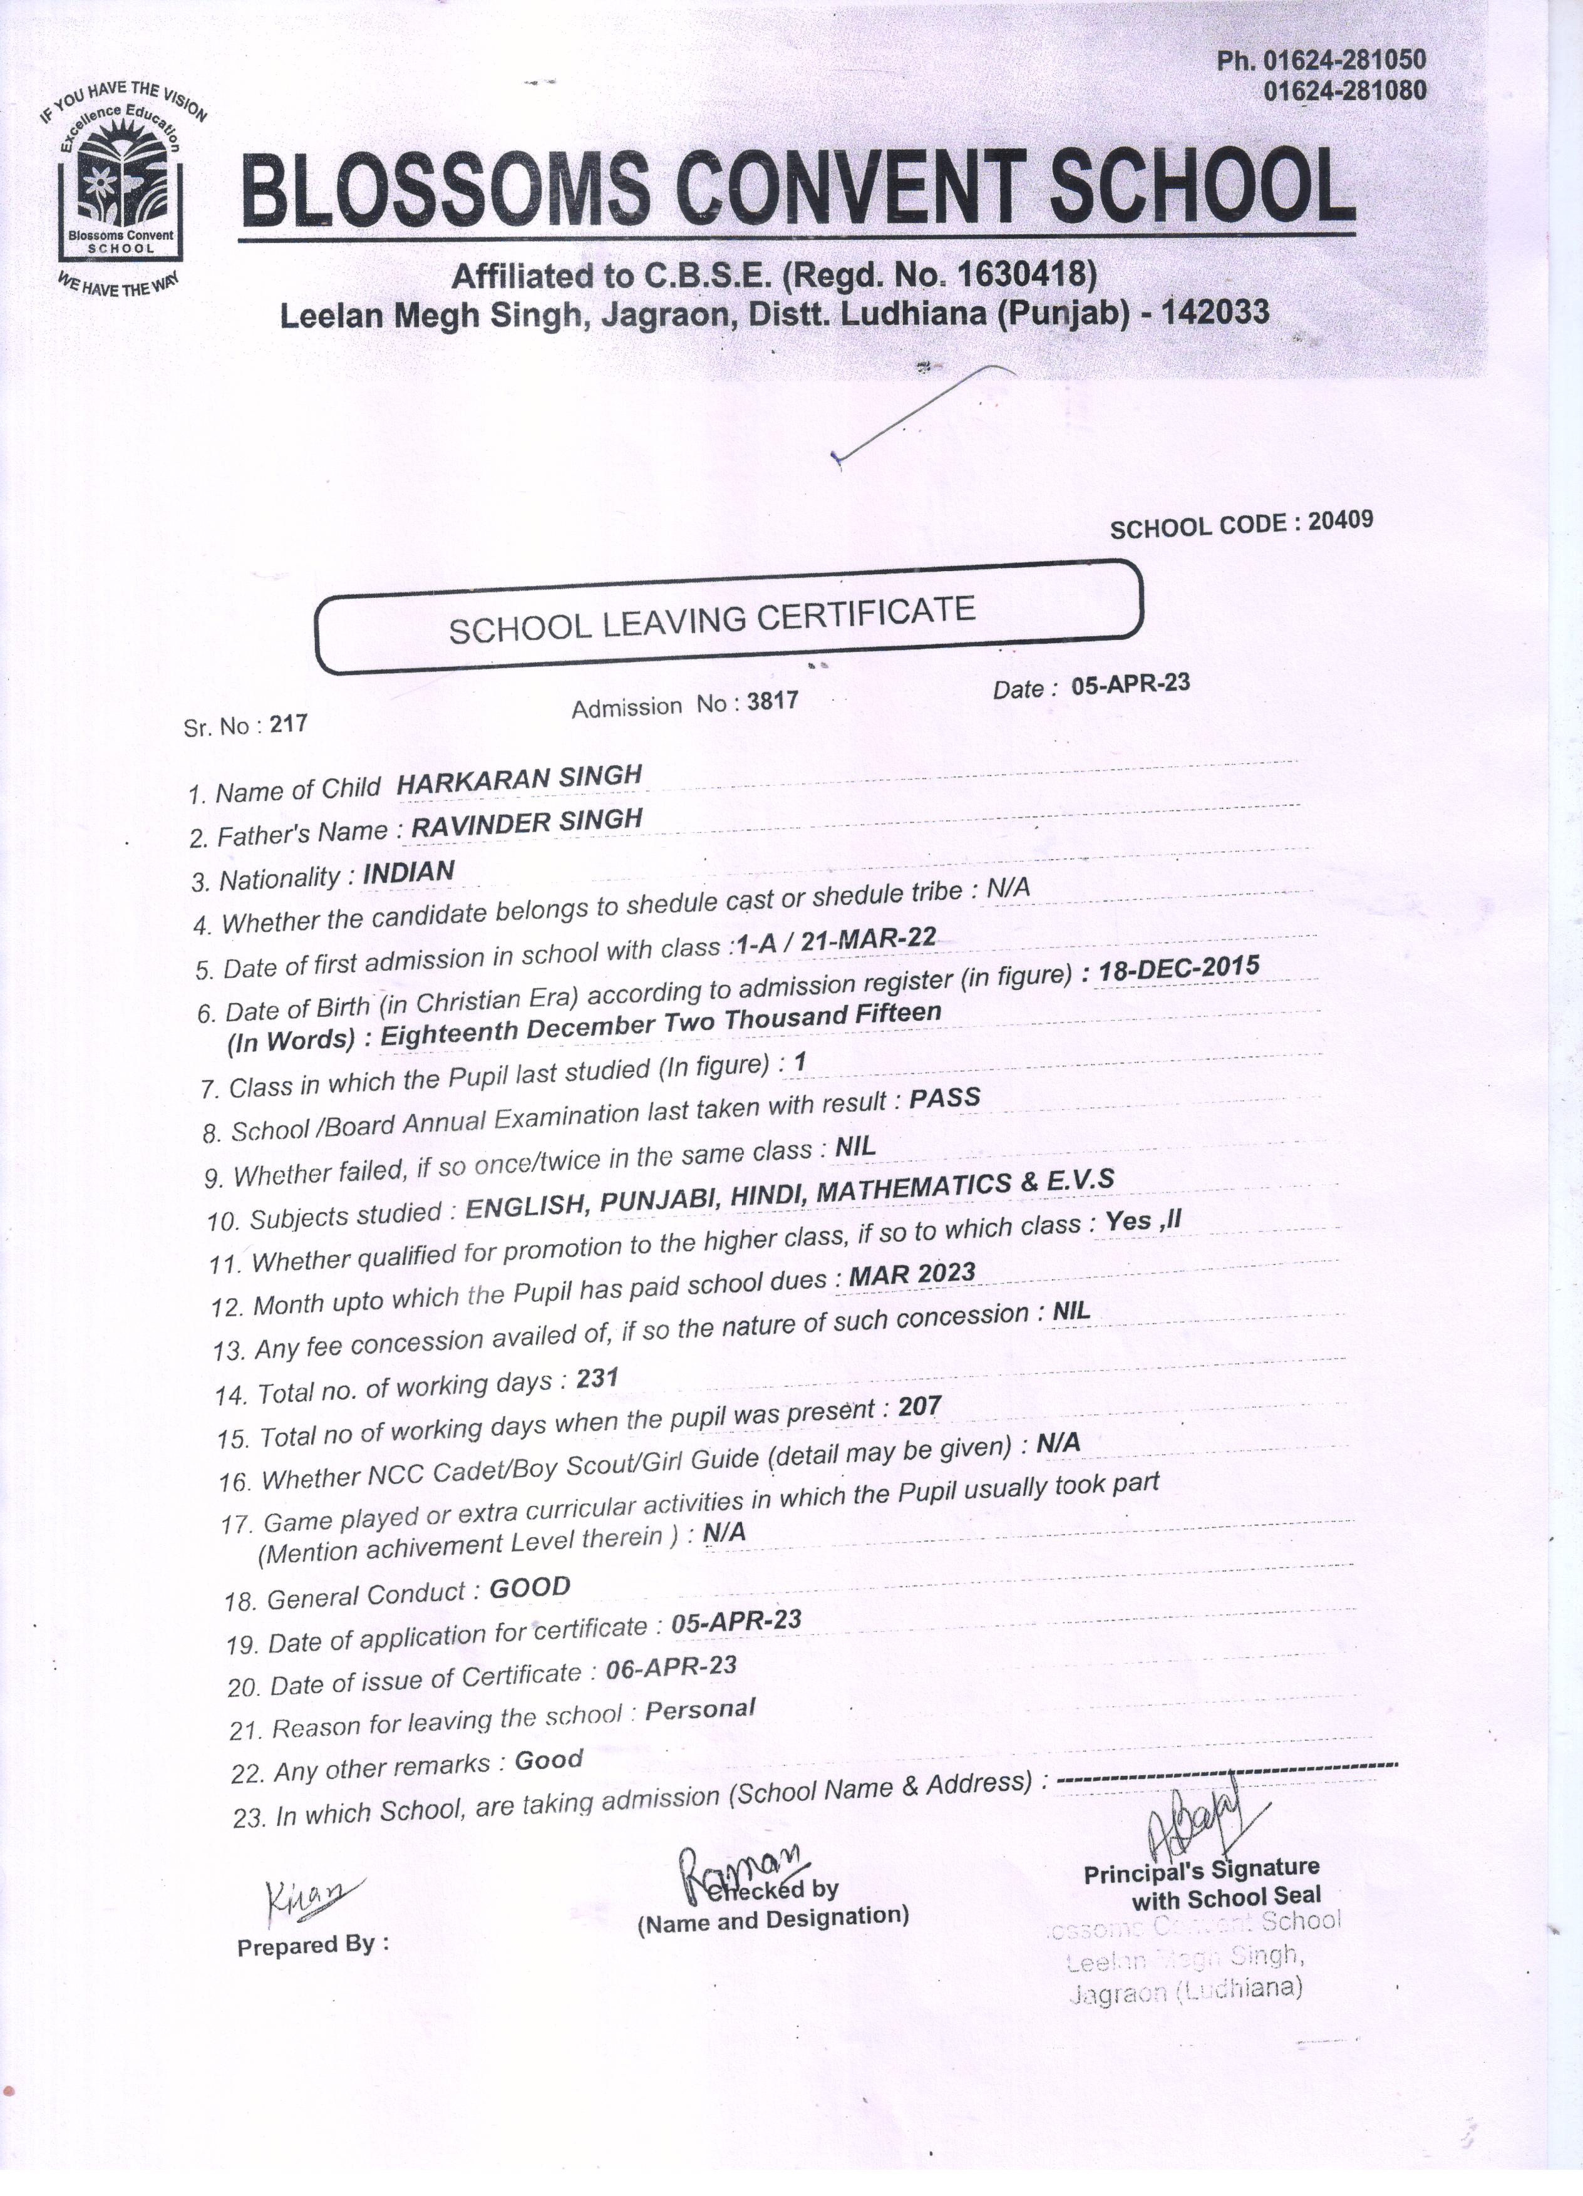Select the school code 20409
click(x=1340, y=521)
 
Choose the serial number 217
click(x=289, y=723)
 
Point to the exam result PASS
click(x=945, y=1099)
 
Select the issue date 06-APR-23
click(x=670, y=1668)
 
